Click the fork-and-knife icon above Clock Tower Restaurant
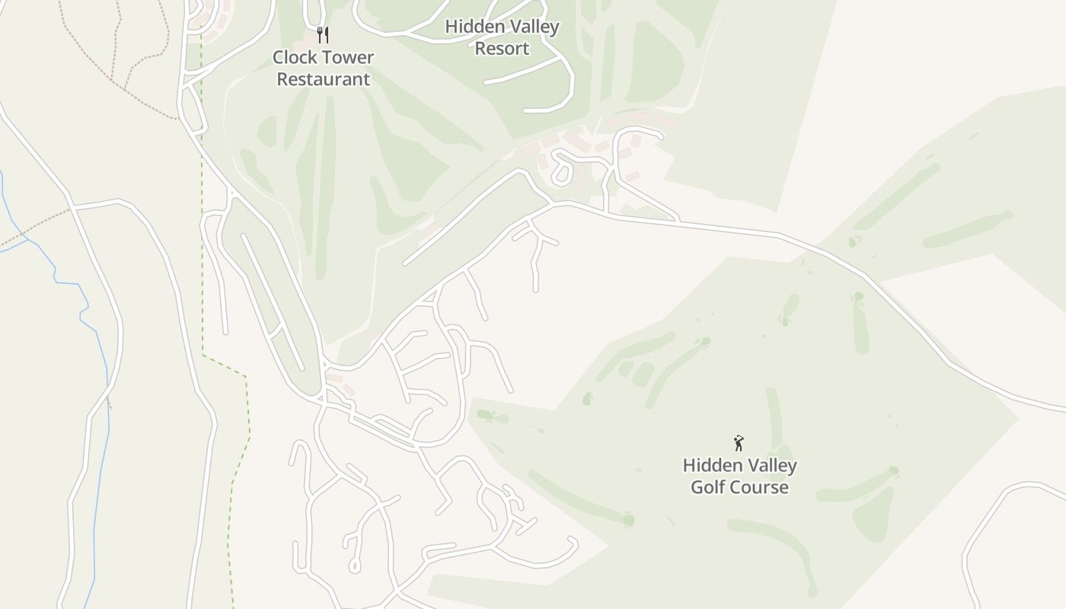[323, 34]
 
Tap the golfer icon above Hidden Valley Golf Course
[738, 443]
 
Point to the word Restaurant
[323, 79]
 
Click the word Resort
[502, 49]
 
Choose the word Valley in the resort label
[534, 27]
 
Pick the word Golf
[713, 487]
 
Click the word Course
[764, 487]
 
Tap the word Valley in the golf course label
[771, 465]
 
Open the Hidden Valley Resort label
[502, 37]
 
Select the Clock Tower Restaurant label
[323, 68]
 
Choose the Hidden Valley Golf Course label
[739, 476]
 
